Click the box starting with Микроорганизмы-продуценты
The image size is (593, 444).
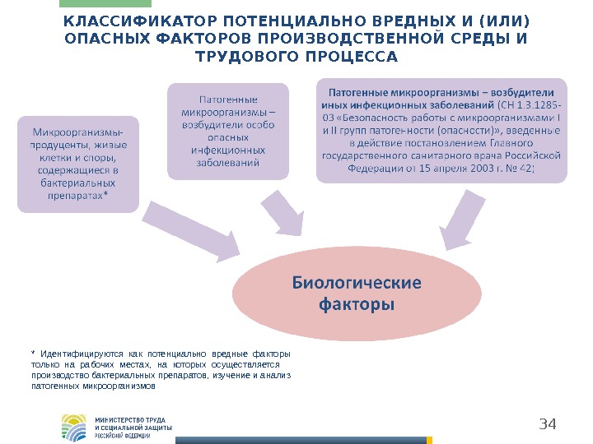(78, 164)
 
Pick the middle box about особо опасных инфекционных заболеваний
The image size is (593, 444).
(228, 131)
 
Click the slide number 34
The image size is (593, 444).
(548, 424)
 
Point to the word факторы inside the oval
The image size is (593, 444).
(356, 305)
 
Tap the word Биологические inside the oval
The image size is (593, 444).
(357, 284)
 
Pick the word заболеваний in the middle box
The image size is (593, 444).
(228, 163)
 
